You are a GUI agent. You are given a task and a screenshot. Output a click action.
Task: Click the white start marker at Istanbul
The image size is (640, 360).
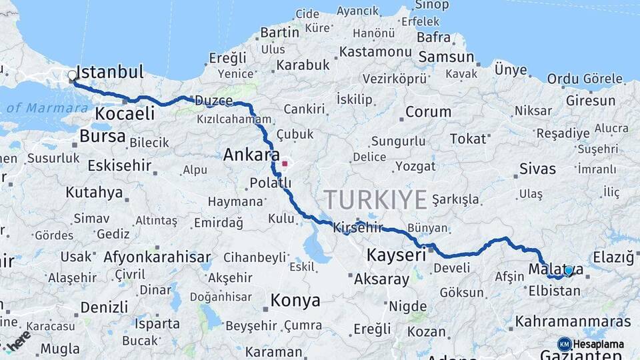72,76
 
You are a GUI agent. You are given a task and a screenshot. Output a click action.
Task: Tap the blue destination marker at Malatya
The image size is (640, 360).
569,271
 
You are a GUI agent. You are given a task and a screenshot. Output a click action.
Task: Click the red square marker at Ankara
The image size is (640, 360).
285,163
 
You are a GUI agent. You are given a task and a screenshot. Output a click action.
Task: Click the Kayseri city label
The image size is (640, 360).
396,255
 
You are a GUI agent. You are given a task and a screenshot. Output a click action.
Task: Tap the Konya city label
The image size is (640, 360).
295,301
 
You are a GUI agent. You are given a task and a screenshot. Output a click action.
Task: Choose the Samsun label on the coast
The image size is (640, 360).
446,57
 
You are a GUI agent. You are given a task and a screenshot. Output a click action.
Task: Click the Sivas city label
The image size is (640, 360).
537,169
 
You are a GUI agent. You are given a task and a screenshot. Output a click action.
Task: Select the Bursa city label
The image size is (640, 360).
102,137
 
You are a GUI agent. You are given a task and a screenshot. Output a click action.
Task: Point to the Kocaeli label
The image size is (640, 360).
125,114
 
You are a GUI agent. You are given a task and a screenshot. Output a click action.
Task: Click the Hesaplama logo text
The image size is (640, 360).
599,344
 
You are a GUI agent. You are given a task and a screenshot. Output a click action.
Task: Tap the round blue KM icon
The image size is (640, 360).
564,344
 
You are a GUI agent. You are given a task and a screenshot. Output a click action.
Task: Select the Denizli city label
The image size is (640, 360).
104,307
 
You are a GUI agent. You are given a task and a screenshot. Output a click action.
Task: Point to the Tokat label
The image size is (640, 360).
468,139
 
